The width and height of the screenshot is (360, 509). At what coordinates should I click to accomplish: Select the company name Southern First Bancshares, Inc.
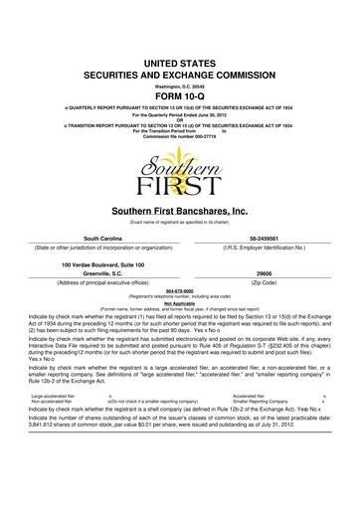click(180, 211)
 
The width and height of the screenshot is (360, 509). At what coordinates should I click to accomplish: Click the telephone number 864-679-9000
click(180, 305)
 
